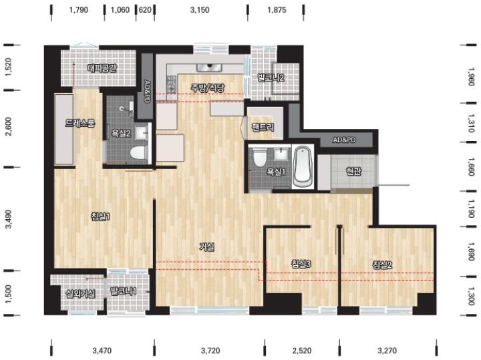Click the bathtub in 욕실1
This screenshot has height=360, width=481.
[303, 167]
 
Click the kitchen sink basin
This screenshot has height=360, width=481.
[210, 67]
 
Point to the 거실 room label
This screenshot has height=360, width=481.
[207, 246]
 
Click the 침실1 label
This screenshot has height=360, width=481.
[100, 217]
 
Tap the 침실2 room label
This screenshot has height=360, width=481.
[382, 264]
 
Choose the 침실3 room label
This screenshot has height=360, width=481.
[301, 264]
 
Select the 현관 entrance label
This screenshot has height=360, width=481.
[353, 171]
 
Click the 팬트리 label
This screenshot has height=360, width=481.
[263, 127]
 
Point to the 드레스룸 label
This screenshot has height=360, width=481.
[79, 123]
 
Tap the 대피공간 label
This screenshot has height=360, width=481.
[102, 67]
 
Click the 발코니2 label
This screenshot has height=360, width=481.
[271, 77]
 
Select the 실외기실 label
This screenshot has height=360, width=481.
[81, 293]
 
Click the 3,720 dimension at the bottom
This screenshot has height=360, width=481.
[210, 350]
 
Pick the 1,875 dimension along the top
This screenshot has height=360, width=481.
[277, 10]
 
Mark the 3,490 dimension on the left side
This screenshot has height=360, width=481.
[9, 219]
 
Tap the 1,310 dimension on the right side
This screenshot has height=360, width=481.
[472, 123]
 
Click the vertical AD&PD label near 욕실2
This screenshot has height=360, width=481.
[147, 92]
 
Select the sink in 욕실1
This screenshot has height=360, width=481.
[281, 154]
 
